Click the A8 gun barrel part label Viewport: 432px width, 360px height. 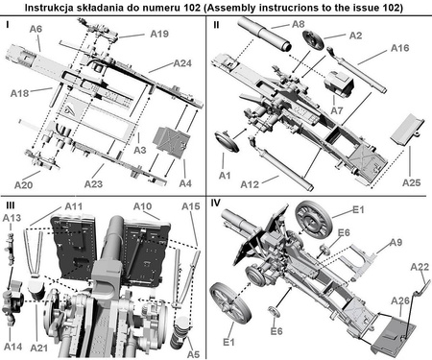(x=299, y=24)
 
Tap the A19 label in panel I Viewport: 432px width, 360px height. (x=159, y=34)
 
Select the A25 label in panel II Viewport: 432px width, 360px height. (x=412, y=182)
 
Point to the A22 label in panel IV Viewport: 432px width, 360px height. (x=420, y=267)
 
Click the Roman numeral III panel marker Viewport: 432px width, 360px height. (x=10, y=205)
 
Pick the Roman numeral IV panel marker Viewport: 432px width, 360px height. (x=216, y=203)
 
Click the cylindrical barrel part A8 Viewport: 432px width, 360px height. (x=265, y=34)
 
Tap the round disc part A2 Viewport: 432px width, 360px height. (x=313, y=40)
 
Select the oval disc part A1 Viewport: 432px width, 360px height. (x=228, y=141)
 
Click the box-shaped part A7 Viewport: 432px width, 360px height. (x=339, y=84)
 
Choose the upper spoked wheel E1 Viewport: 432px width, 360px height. (x=313, y=219)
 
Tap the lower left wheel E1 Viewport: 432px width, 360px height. (x=229, y=302)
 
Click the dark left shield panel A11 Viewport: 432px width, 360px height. (x=74, y=247)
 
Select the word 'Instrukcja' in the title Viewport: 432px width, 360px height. (x=49, y=8)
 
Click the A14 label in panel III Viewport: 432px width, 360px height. (x=13, y=347)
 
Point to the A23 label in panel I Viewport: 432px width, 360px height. (x=93, y=184)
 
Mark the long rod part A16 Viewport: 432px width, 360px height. (x=357, y=69)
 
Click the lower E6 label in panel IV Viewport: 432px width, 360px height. (x=276, y=331)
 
